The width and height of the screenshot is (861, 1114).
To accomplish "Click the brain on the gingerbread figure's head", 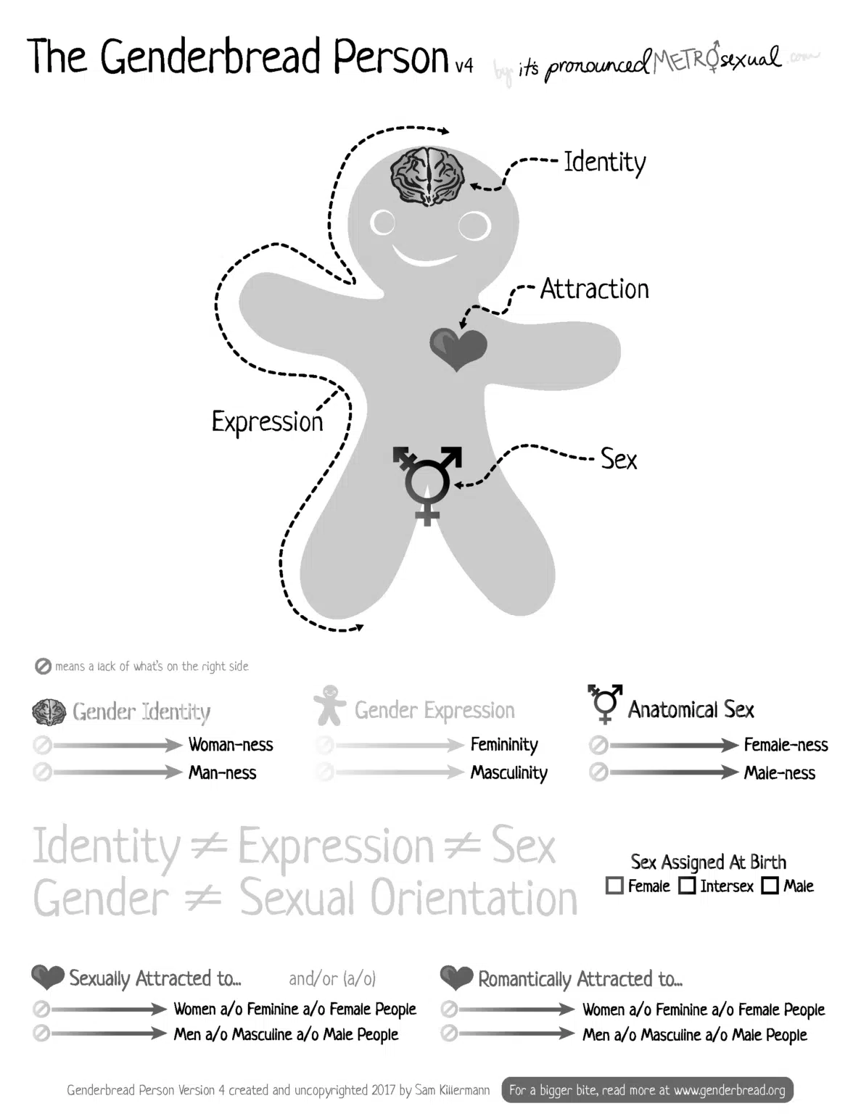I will click(x=427, y=176).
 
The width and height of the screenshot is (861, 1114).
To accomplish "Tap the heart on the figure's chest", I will click(x=458, y=348).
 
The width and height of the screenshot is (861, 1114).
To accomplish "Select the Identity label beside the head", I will click(x=604, y=162).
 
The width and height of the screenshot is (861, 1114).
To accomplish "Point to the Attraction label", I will click(x=594, y=289).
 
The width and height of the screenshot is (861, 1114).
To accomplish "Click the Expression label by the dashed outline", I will click(x=267, y=421).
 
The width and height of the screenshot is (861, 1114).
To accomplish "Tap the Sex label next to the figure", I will click(x=619, y=459).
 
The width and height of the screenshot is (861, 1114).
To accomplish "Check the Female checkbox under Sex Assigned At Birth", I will click(x=614, y=886).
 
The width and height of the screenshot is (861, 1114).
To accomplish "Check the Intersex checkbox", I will click(x=687, y=886).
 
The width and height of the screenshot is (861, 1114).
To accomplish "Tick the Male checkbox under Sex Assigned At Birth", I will click(x=770, y=886).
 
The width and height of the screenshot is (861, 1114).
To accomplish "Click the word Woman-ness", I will click(x=231, y=745).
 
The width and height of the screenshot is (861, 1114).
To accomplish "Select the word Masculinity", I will click(x=508, y=773).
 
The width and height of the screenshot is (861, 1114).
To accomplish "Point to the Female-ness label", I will click(x=786, y=745).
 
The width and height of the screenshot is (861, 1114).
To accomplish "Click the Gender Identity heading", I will click(x=141, y=711).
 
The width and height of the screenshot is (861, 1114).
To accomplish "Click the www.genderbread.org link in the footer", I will click(x=729, y=1090).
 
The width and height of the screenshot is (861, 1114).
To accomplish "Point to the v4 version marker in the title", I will click(x=464, y=66).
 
